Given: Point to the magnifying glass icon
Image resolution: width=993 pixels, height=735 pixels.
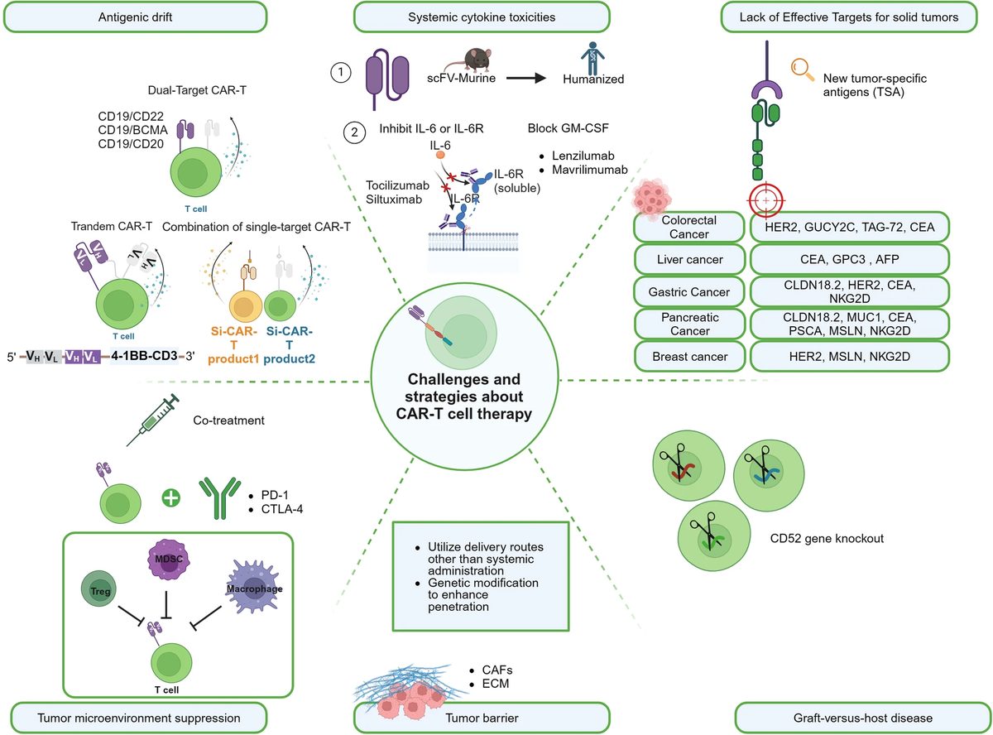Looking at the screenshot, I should pyautogui.click(x=801, y=67).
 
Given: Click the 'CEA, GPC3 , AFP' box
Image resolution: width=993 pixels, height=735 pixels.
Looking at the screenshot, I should pyautogui.click(x=849, y=260).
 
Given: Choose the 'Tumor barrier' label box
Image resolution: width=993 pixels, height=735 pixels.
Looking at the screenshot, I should pyautogui.click(x=481, y=717).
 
